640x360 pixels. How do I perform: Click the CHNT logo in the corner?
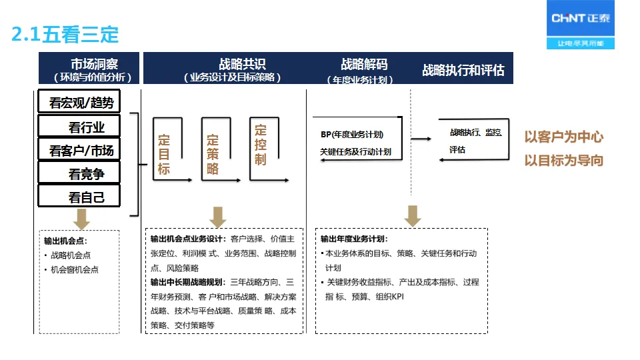(581, 25)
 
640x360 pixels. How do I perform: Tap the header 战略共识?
(242, 65)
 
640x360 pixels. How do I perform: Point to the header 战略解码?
(364, 65)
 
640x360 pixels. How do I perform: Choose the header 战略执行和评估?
(463, 70)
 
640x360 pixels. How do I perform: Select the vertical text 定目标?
(164, 155)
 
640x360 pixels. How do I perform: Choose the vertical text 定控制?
(260, 145)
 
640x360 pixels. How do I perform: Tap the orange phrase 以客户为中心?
(563, 137)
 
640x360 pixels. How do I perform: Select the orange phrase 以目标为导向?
(563, 160)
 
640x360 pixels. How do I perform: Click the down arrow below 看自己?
(82, 218)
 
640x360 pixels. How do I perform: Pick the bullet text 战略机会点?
(71, 255)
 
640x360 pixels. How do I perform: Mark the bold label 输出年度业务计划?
(354, 239)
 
